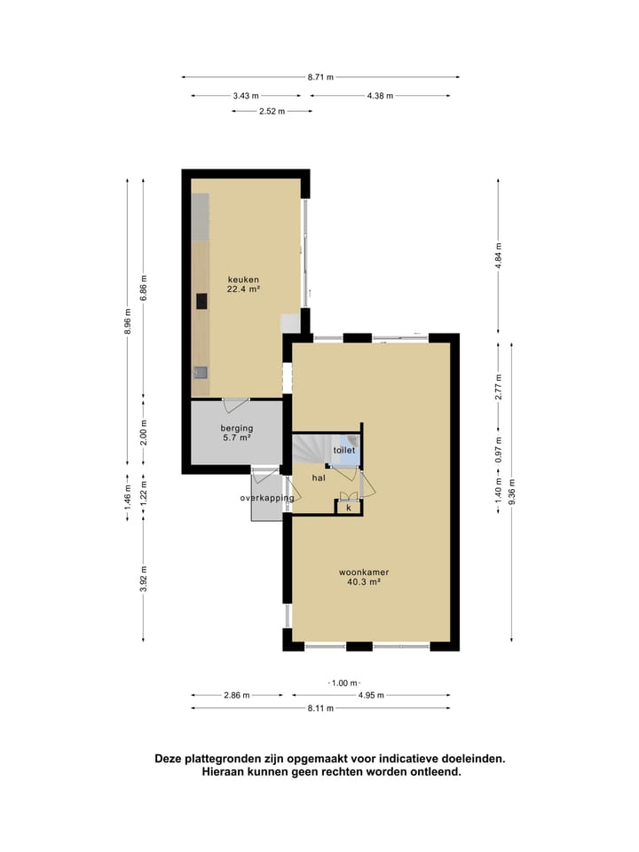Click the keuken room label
point(243,279)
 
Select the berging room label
point(236,428)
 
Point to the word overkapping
point(266,499)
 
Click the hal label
point(319,477)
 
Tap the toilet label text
point(344,451)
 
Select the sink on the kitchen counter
point(201,373)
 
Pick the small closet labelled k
point(349,508)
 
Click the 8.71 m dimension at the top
point(320,77)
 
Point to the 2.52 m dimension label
point(272,111)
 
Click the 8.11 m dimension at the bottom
point(320,708)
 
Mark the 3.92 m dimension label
point(144,578)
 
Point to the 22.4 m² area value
point(243,289)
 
